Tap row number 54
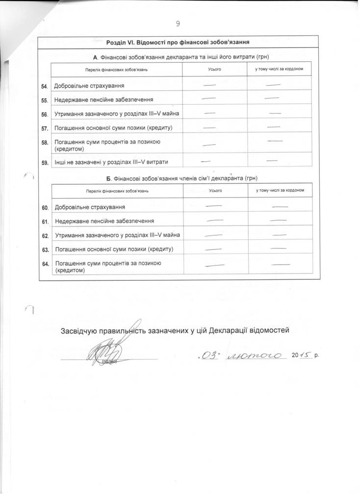pyautogui.click(x=44, y=87)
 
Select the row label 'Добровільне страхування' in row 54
pyautogui.click(x=88, y=86)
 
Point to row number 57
pyautogui.click(x=44, y=129)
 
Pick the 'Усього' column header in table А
pyautogui.click(x=214, y=69)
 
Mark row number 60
pyautogui.click(x=45, y=208)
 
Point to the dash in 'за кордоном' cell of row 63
pyautogui.click(x=278, y=248)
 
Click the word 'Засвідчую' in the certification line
pyautogui.click(x=78, y=330)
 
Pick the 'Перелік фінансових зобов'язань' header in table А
pyautogui.click(x=116, y=70)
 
